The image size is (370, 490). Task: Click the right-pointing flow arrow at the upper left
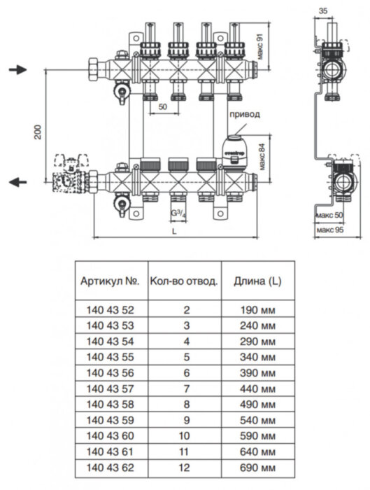point(17,70)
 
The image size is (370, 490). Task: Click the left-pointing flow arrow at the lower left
point(17,183)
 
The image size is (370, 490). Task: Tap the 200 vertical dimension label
point(38,132)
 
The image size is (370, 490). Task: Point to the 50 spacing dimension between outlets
point(162,107)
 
